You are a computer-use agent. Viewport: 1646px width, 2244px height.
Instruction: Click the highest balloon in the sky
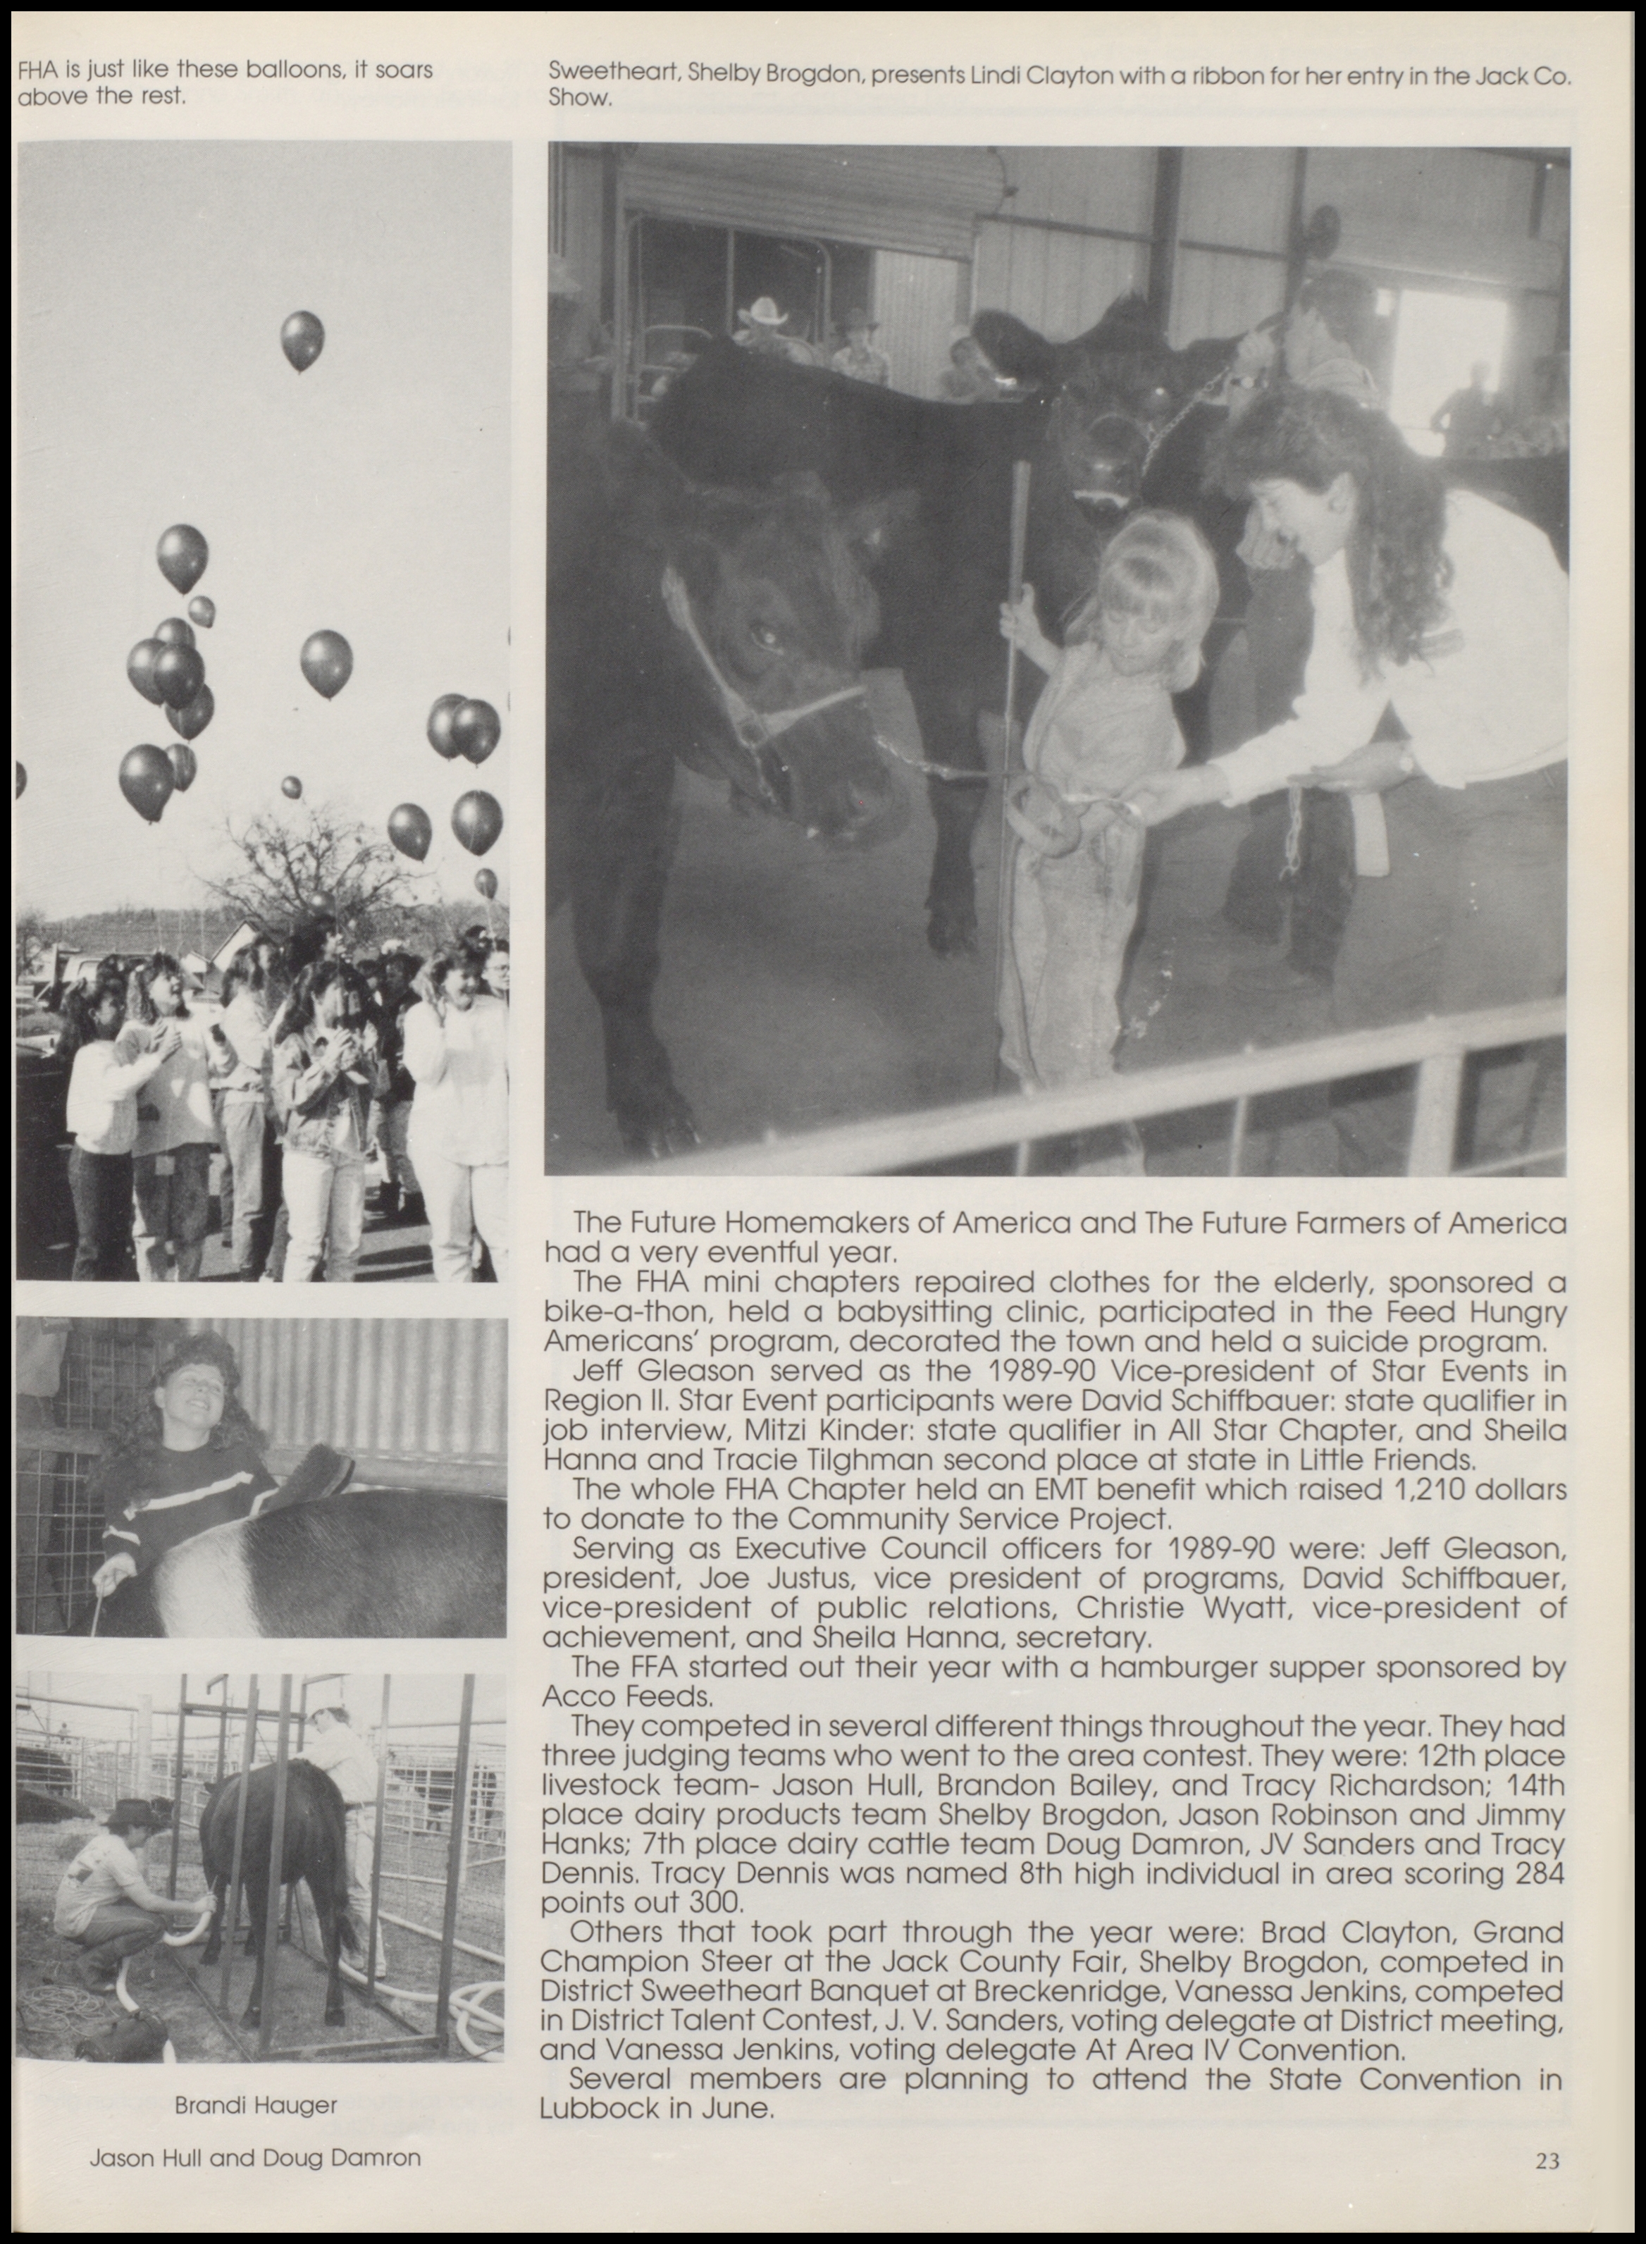point(302,339)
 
